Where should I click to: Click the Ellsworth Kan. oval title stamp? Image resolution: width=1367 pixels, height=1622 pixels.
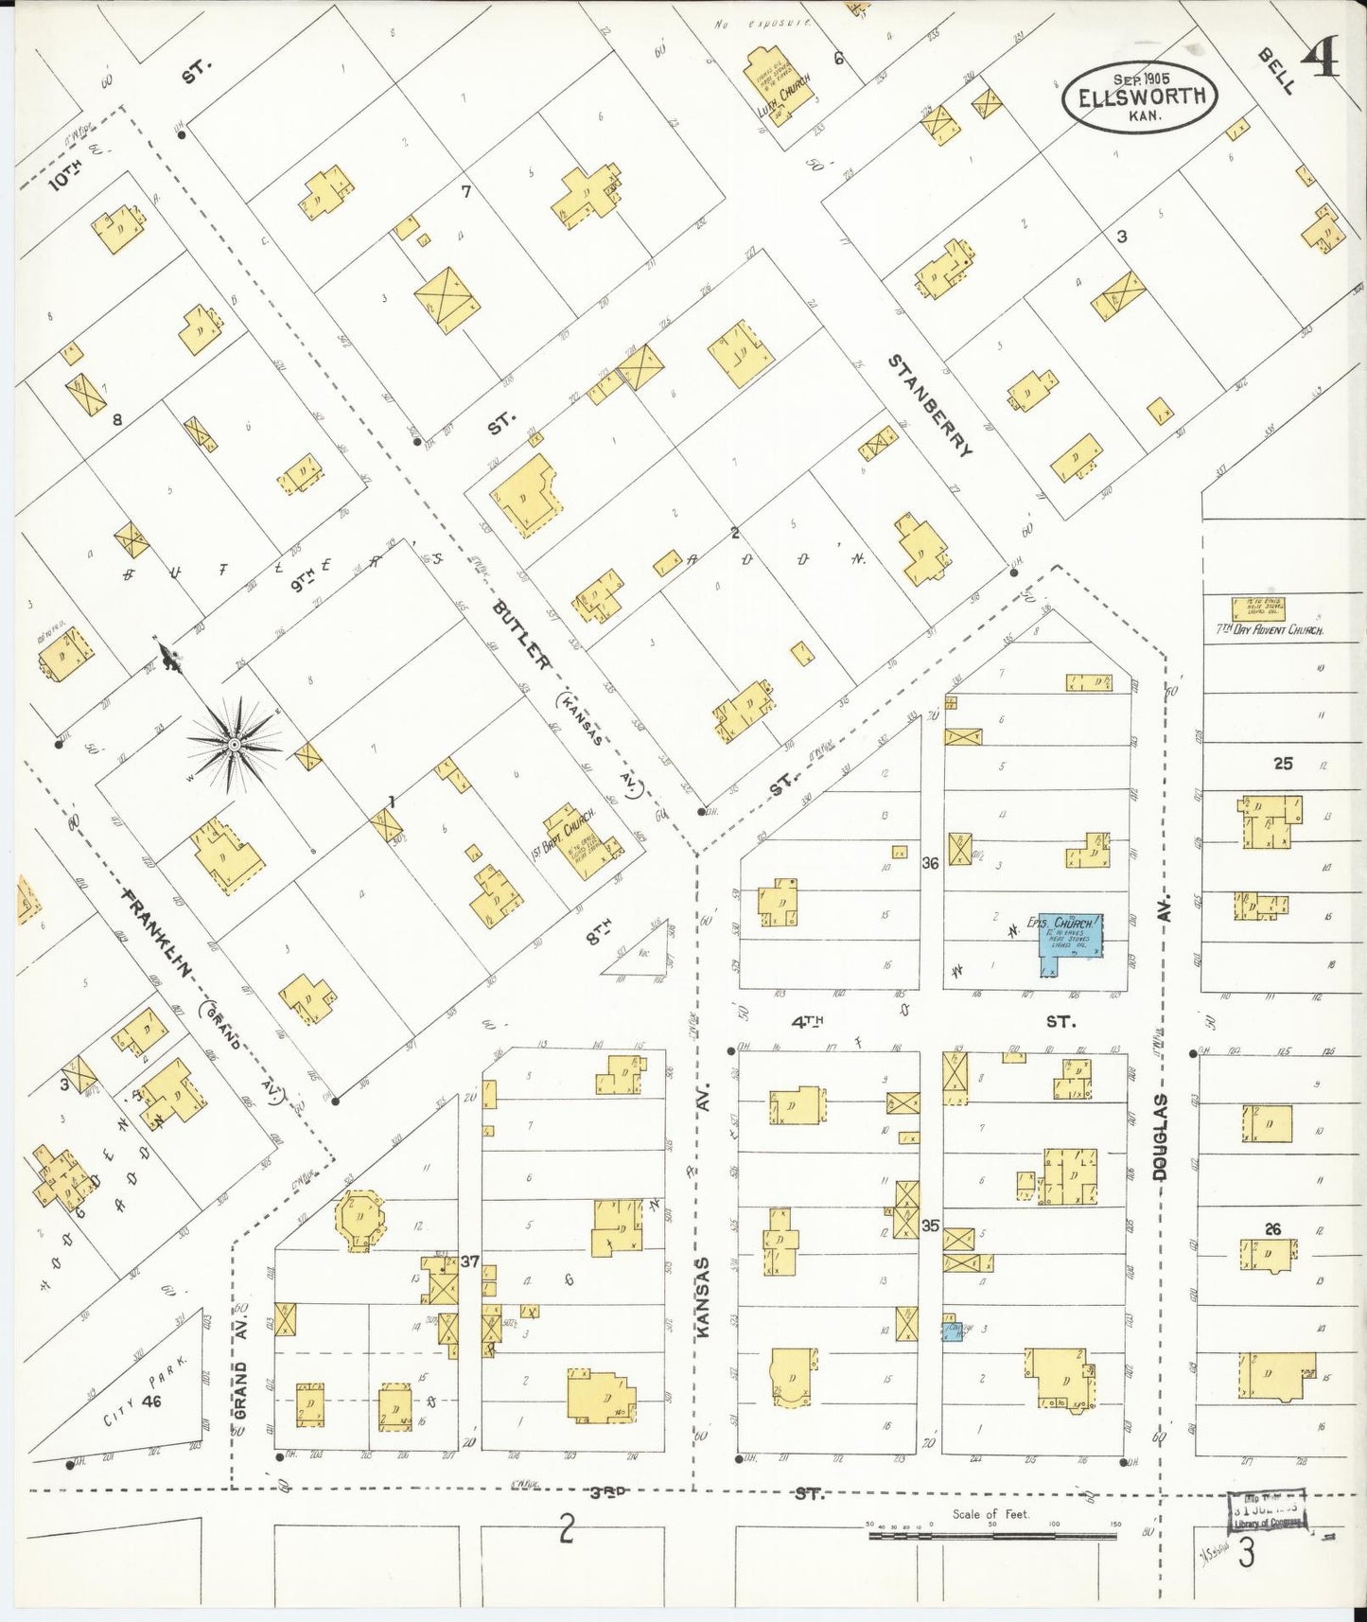point(1140,97)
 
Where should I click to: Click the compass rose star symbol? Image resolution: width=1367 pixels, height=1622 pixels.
point(234,746)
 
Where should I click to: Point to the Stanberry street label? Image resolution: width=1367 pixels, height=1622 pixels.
point(929,405)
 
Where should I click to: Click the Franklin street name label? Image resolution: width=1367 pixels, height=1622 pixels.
point(158,933)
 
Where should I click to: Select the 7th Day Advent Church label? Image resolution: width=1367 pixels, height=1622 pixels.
point(1269,629)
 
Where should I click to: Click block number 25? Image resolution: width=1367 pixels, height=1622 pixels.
point(1282,763)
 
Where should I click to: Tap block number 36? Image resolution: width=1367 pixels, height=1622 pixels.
point(930,863)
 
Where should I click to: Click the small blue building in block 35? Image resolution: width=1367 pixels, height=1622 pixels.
point(954,1331)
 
